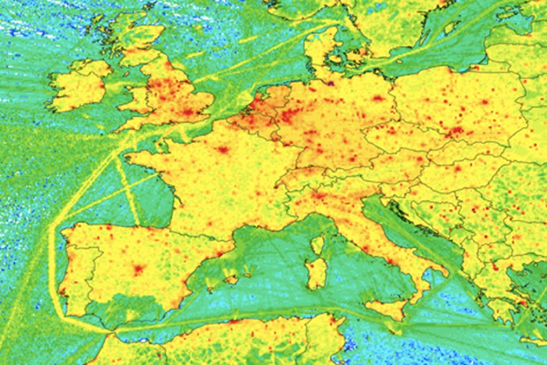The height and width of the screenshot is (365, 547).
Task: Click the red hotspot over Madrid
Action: coord(139,269)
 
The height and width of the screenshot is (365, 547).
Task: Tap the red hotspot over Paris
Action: coord(222,149)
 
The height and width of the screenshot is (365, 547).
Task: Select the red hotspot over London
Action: coord(188,112)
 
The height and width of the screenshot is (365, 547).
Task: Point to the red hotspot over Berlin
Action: coord(377,98)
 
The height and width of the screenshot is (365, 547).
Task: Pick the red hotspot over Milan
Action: coord(319,196)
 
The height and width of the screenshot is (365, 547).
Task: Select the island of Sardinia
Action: coord(316,273)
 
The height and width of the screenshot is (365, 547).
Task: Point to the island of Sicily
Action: coord(387,309)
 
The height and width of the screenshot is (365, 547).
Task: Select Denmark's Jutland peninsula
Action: coord(319,50)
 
